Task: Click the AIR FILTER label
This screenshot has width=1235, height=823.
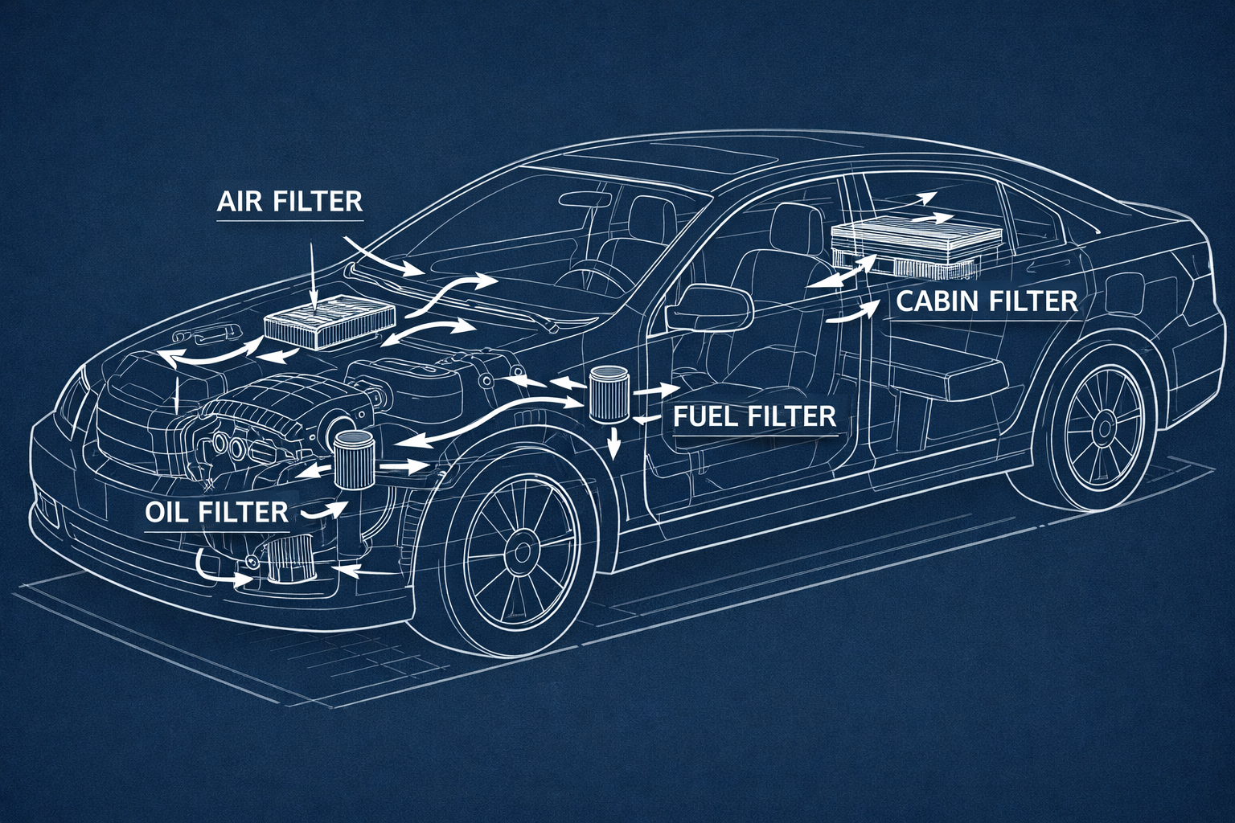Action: click(290, 201)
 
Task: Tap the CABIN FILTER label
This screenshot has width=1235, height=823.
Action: click(986, 301)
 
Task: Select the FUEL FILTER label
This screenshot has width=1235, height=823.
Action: click(753, 417)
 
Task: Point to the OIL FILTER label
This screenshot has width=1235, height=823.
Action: click(217, 511)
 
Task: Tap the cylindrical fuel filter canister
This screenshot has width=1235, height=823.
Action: click(608, 393)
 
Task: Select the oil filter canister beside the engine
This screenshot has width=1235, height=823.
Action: click(354, 461)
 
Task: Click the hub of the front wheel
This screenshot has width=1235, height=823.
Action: click(523, 553)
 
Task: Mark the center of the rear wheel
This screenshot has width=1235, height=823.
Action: click(1100, 432)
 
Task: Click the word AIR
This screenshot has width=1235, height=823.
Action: click(240, 201)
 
